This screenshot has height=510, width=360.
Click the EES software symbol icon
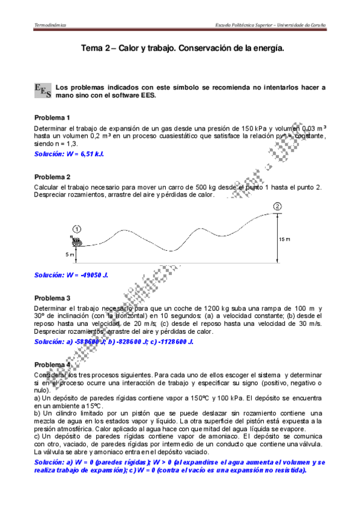coord(43,91)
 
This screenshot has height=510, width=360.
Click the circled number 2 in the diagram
coord(277,207)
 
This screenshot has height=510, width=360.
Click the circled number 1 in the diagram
coord(77,229)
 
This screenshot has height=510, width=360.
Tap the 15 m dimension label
coord(284,239)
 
